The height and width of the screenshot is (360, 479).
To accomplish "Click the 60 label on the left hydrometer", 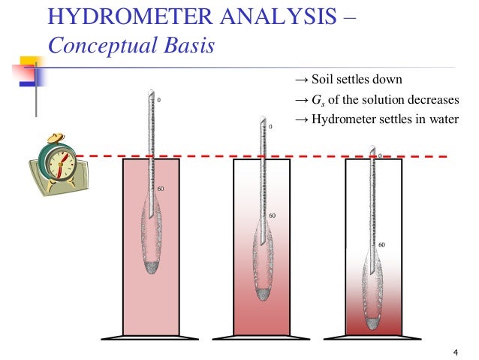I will [x=160, y=188].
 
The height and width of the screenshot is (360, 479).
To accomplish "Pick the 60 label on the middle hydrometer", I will [x=273, y=216].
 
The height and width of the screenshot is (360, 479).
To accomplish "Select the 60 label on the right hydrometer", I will [x=381, y=245].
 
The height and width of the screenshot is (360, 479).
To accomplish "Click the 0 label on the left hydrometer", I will [x=158, y=100].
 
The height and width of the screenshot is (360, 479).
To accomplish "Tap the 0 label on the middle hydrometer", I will [x=270, y=127].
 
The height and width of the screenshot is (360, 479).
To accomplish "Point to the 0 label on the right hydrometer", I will [x=381, y=156].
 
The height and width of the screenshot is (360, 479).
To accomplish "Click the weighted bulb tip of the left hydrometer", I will [x=152, y=267].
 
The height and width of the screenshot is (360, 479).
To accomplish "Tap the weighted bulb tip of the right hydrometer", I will [x=373, y=322].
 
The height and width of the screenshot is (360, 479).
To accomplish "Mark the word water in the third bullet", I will [x=442, y=120].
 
